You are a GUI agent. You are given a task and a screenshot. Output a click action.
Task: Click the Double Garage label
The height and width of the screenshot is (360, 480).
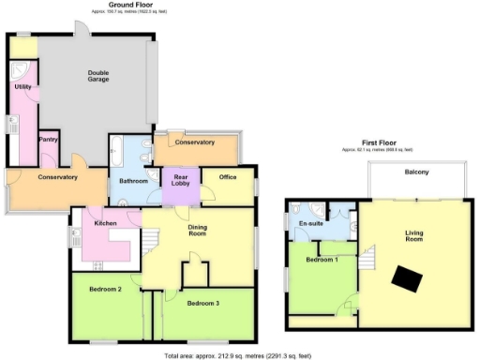(x=98, y=76)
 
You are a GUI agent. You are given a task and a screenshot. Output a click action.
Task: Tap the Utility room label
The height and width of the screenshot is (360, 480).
(x=23, y=86)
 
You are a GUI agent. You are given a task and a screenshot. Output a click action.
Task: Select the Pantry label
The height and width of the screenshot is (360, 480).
(x=49, y=140)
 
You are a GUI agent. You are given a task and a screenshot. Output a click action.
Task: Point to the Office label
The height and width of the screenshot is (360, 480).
(x=227, y=176)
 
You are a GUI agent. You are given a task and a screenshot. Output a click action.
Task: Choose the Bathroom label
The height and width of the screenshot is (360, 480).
(x=129, y=184)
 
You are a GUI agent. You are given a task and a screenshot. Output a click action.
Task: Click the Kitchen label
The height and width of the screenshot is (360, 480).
(x=104, y=222)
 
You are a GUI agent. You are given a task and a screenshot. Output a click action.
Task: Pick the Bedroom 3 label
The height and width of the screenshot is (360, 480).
(x=202, y=304)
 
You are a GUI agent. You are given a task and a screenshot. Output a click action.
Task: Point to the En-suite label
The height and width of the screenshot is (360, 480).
(x=311, y=225)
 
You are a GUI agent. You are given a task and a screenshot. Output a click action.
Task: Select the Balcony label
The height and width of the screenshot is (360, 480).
(x=417, y=172)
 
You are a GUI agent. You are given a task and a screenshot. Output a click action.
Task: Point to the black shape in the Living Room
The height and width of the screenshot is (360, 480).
(x=407, y=277)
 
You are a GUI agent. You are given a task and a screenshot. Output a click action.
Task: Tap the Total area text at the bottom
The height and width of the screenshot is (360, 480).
(x=236, y=356)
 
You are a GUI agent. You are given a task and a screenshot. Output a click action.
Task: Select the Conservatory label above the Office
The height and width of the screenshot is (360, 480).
(x=195, y=142)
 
